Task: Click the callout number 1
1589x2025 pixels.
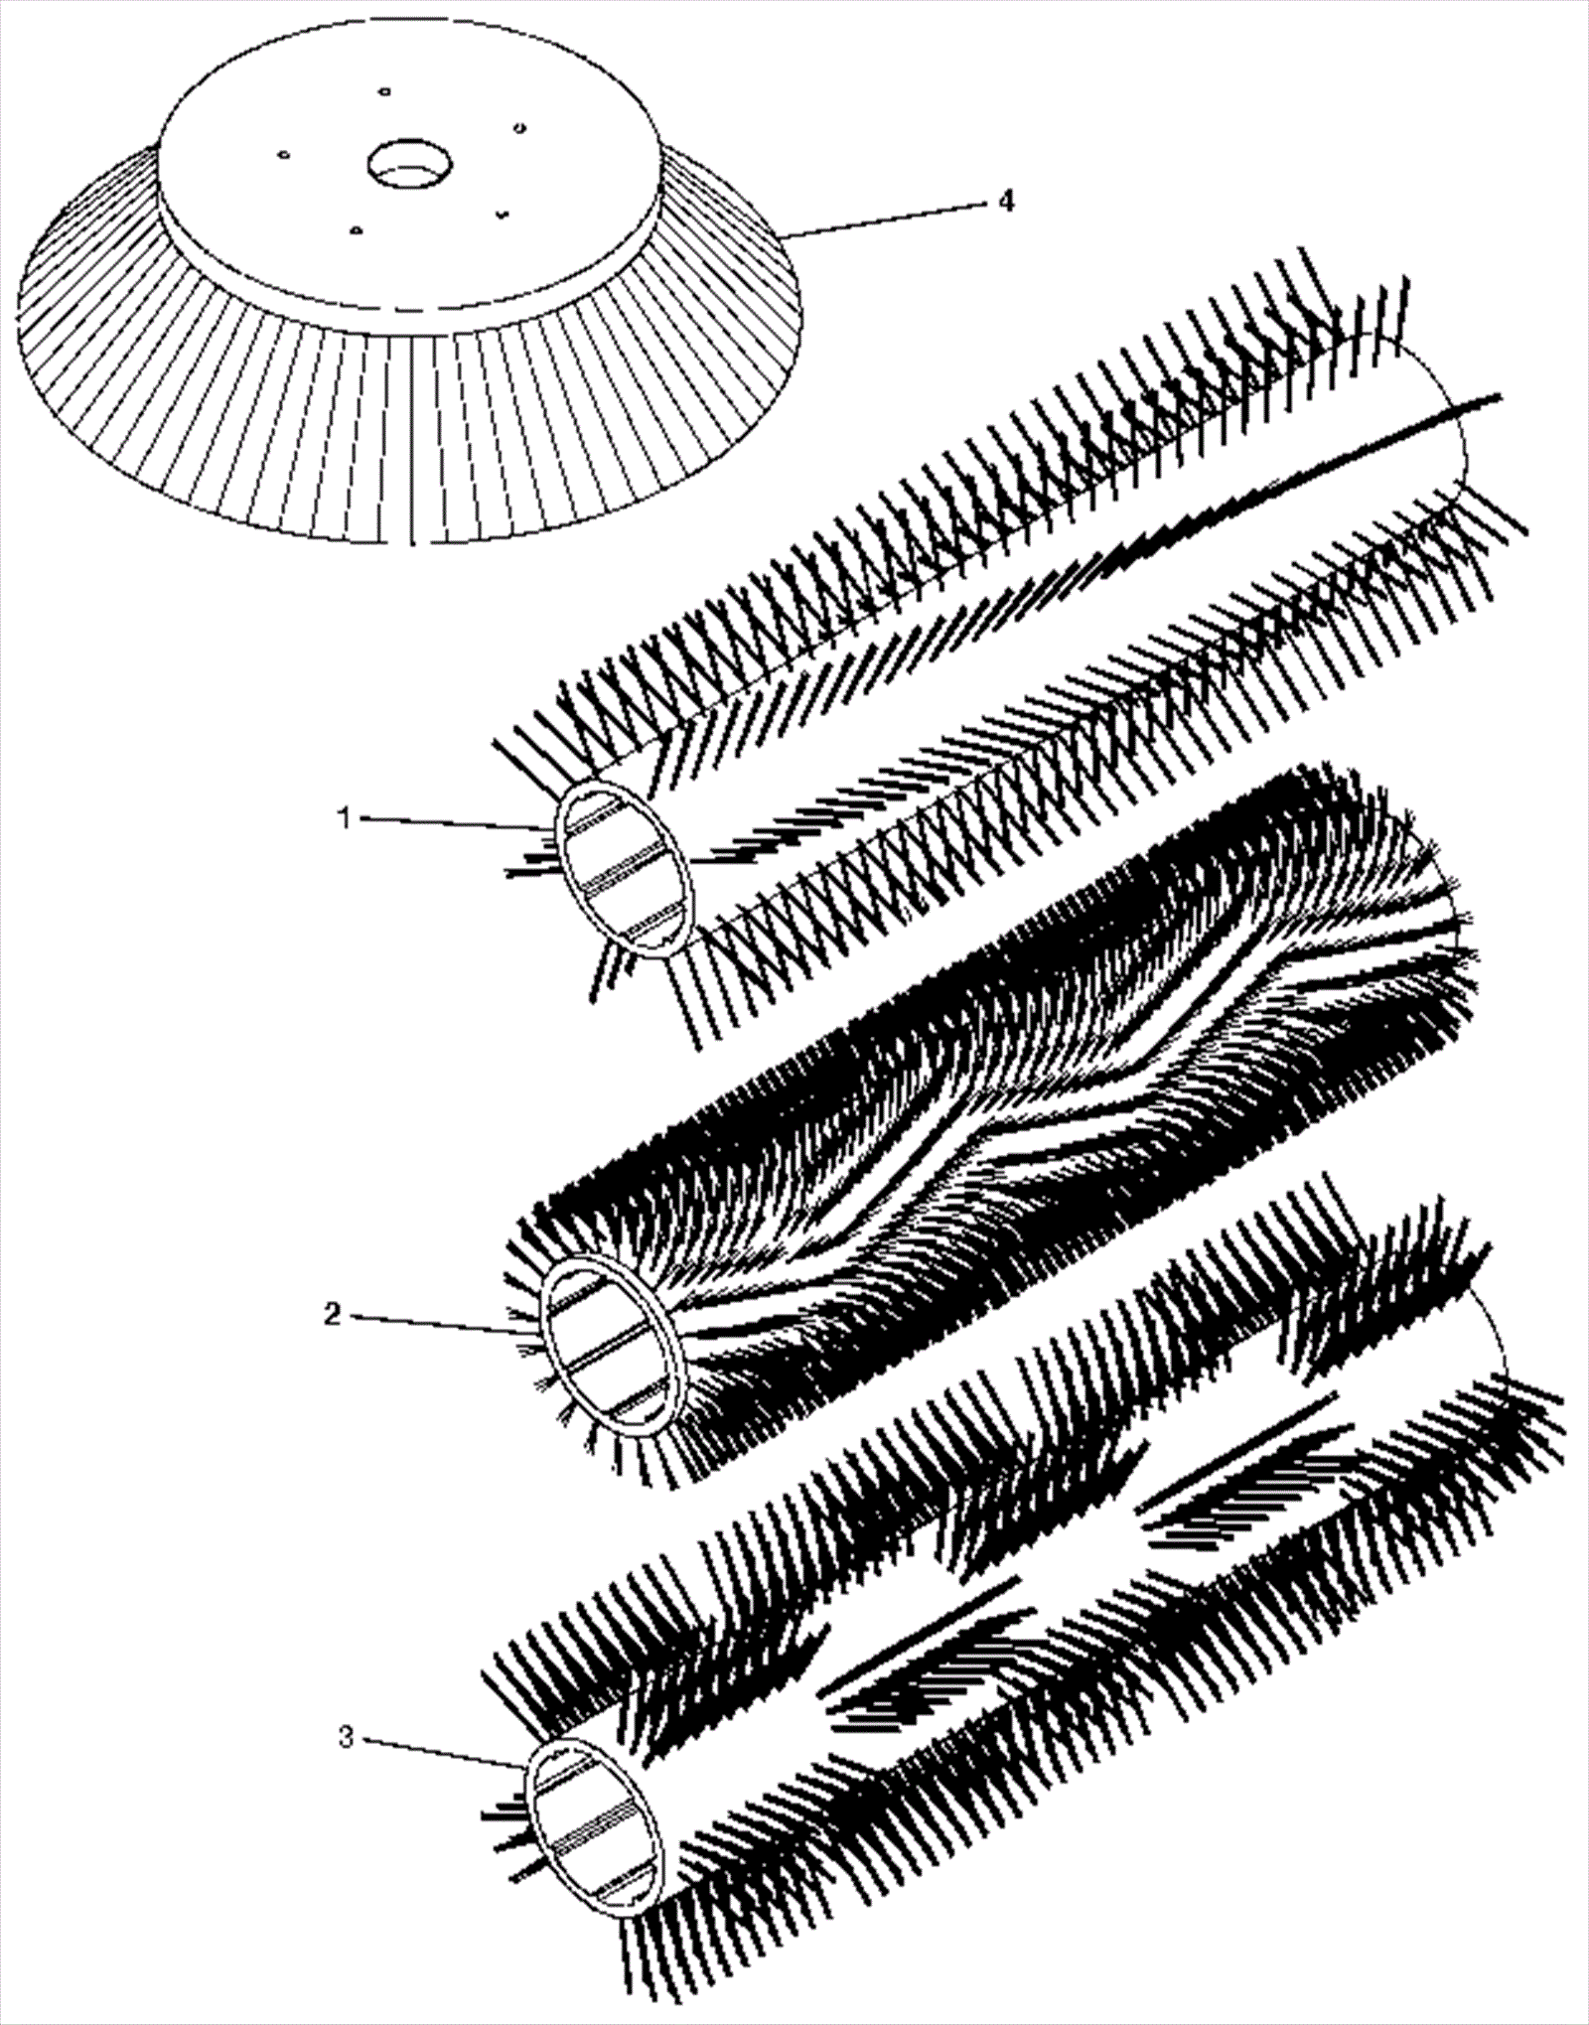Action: (344, 819)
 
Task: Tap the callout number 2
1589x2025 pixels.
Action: (333, 1314)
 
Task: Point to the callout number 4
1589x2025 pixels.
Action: (1006, 202)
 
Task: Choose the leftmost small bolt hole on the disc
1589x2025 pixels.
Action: (283, 155)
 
